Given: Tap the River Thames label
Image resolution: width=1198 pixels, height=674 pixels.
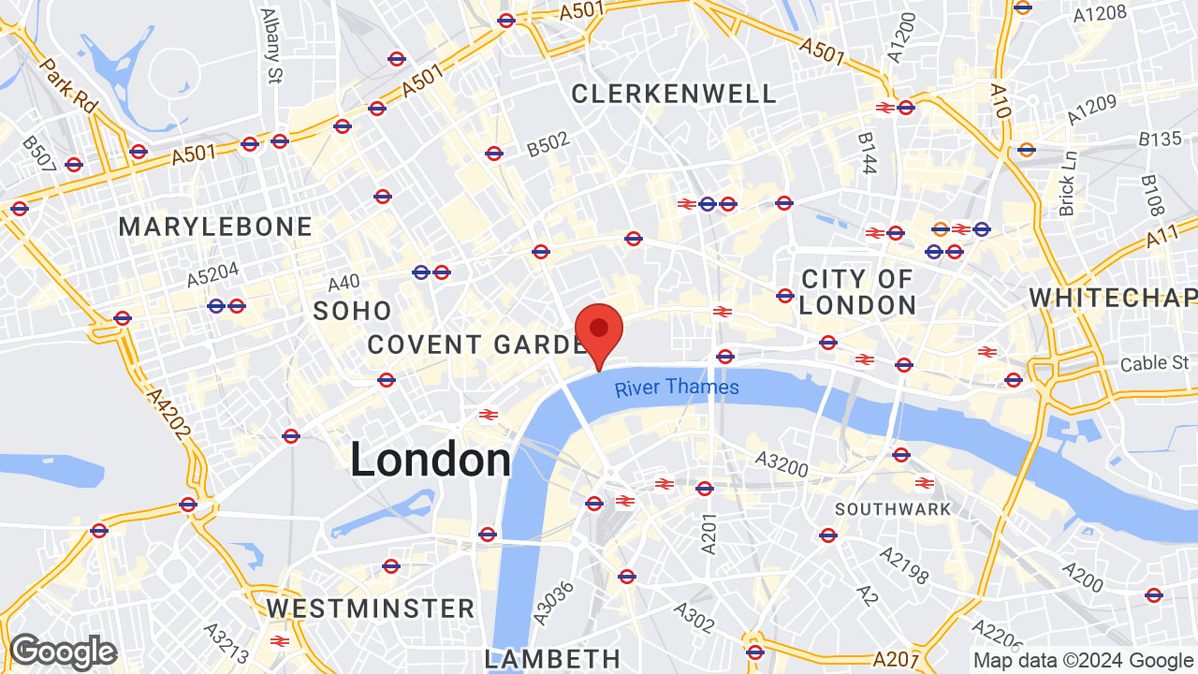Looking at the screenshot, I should (x=677, y=388).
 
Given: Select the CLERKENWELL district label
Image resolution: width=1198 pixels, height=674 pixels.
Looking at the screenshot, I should (x=673, y=94).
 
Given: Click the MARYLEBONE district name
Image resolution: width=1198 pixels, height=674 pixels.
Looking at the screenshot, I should (x=215, y=227).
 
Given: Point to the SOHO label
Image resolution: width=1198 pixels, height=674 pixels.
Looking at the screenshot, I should (x=352, y=311).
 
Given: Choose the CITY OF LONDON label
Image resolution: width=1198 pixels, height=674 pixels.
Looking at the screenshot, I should (x=857, y=292).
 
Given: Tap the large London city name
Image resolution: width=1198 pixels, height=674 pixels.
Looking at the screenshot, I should (x=431, y=461).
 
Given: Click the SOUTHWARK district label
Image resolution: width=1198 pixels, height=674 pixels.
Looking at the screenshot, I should (x=892, y=509).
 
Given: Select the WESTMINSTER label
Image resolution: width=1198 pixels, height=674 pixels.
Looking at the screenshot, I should (x=371, y=608).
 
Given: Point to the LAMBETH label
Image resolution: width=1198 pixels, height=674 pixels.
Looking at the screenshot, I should (x=552, y=658).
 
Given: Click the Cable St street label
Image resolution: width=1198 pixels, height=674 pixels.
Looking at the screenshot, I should (x=1156, y=362).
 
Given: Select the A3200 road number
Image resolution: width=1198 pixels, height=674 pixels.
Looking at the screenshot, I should (x=782, y=462).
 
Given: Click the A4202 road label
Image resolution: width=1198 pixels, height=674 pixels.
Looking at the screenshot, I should (x=168, y=413).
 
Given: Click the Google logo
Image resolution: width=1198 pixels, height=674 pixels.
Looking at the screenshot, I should (x=63, y=652).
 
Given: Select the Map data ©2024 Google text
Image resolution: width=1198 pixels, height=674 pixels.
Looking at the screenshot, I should (x=1084, y=660).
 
